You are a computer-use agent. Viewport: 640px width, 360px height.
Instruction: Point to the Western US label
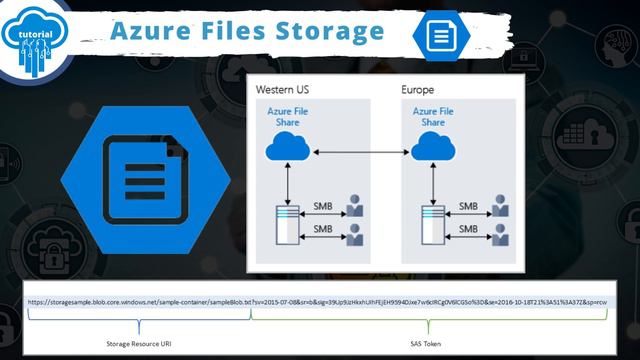coord(282,90)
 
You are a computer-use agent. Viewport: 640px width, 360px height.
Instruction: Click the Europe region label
coord(417,90)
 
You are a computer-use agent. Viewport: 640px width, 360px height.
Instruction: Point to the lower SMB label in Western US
coord(322,229)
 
